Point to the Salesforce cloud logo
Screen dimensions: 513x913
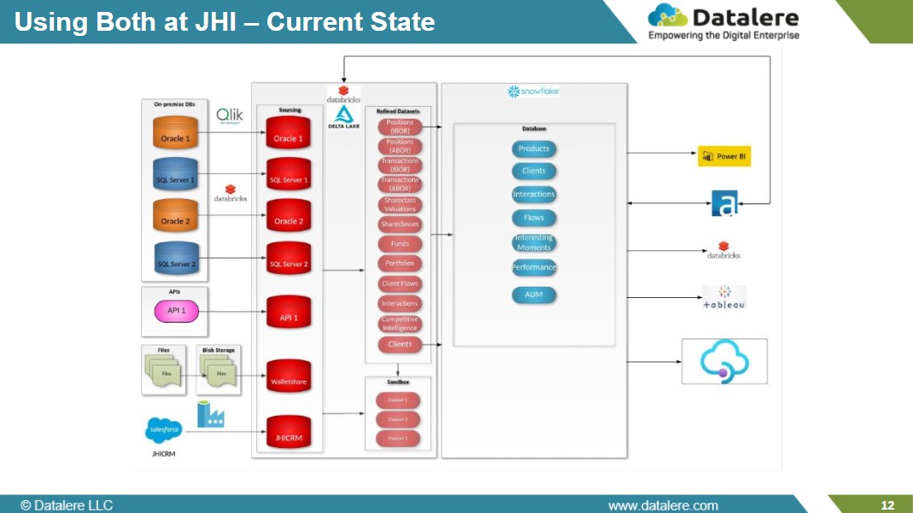point(164,432)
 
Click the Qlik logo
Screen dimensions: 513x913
point(229,115)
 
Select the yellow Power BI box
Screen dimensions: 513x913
point(724,156)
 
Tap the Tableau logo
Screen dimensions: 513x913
point(723,298)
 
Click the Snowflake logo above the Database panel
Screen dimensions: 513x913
point(534,91)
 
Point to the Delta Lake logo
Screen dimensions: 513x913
point(345,117)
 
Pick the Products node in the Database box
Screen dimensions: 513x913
point(534,149)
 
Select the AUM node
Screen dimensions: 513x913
point(534,294)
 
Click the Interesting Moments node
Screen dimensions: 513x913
point(534,242)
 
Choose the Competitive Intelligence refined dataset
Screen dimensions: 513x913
point(400,324)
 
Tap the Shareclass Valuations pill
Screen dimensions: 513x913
point(400,205)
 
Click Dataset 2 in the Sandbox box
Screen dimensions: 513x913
point(398,420)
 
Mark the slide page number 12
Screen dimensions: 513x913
point(887,505)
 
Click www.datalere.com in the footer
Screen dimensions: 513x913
point(663,505)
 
